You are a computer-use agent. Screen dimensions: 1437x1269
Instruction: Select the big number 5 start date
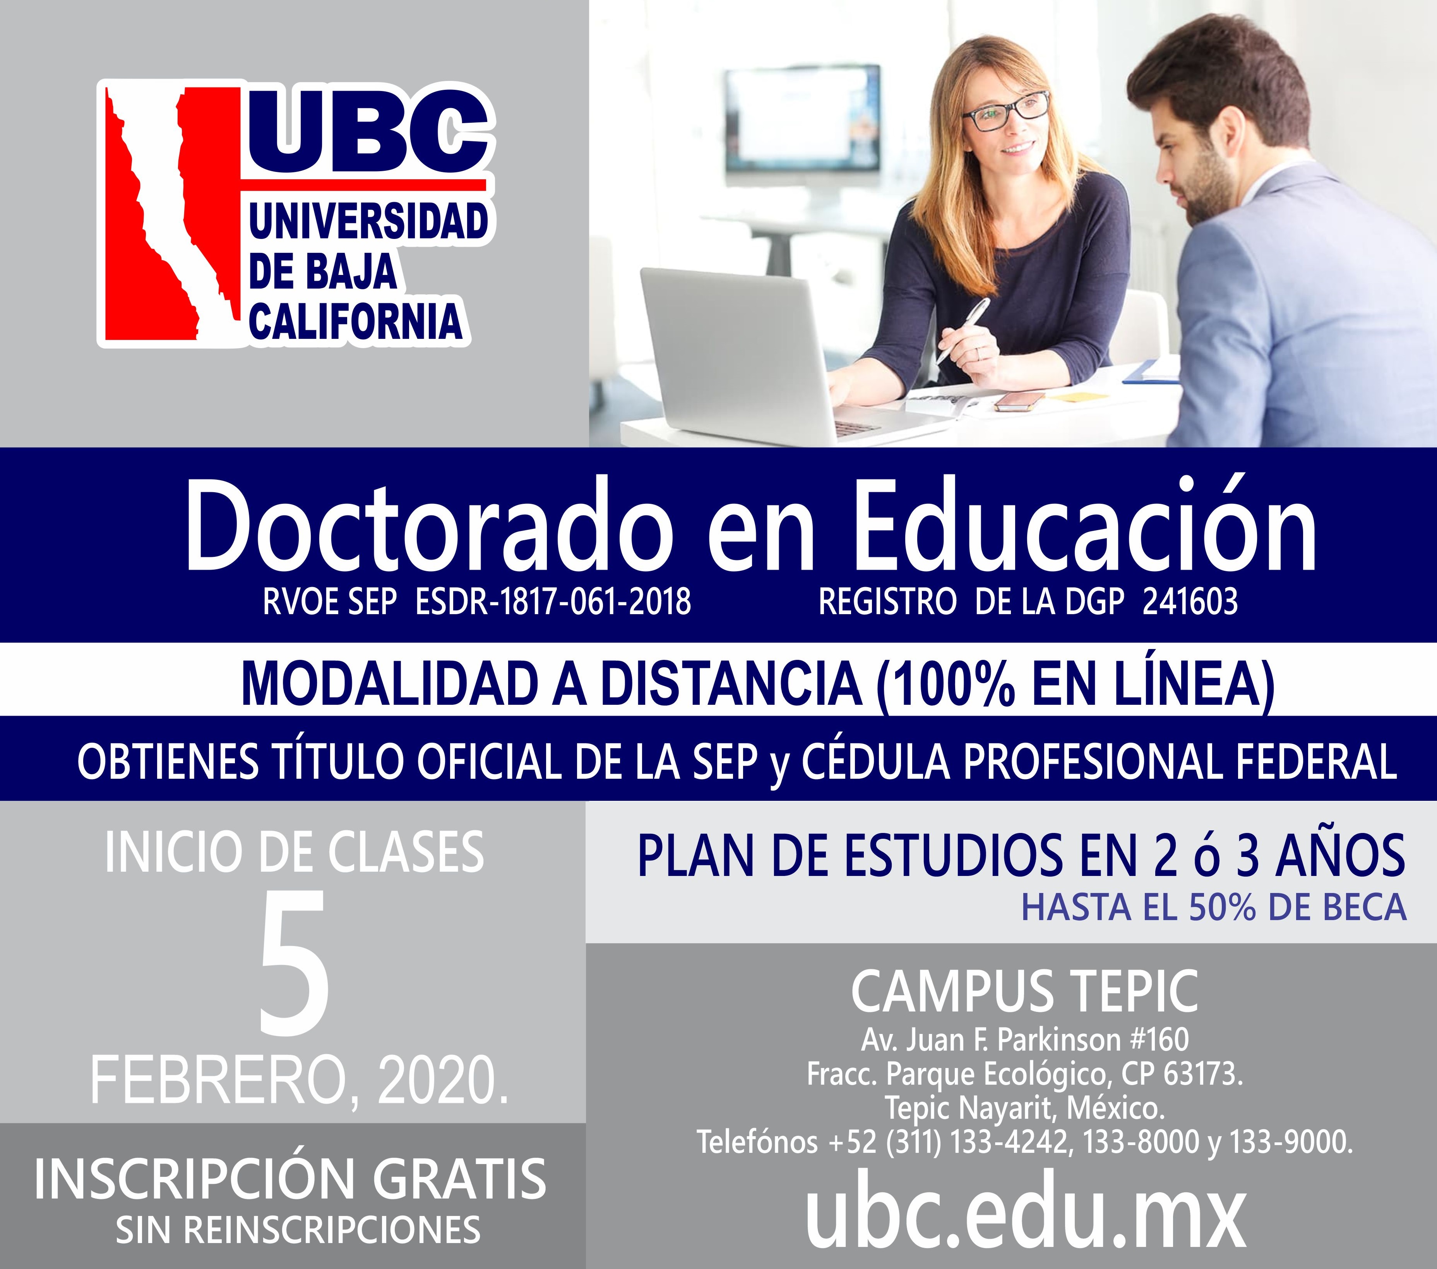294,961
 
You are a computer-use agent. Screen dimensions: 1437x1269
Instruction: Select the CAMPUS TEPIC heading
1025,991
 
